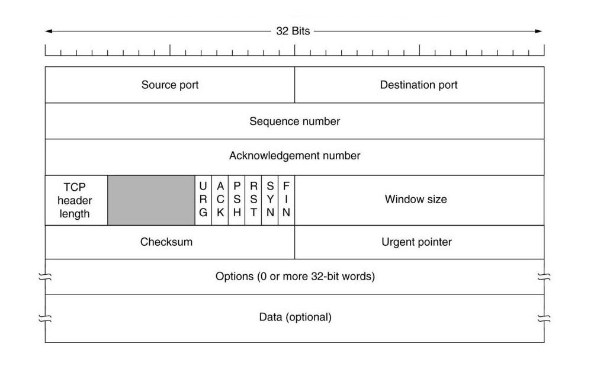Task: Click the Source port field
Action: coord(170,85)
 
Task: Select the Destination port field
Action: coord(419,85)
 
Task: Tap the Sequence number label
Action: coord(294,121)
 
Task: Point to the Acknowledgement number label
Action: coord(294,156)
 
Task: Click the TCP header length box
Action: coord(76,200)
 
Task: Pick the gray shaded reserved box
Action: coord(151,200)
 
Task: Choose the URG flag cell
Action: coord(203,200)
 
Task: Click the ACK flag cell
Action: coord(220,200)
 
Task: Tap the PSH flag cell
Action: coord(236,200)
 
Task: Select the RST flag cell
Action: coord(253,200)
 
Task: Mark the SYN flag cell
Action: coord(269,200)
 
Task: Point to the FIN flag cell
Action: coord(286,200)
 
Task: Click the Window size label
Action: coord(416,200)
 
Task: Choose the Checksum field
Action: coord(166,242)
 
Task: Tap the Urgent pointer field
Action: coord(417,242)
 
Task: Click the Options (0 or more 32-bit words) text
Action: coord(295,277)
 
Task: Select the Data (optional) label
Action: coord(295,318)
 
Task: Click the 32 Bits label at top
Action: coord(293,31)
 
